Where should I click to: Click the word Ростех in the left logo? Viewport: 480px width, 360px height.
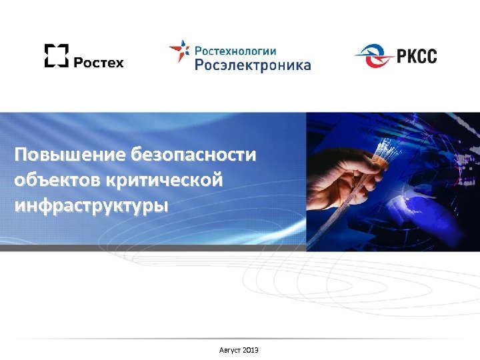click(x=98, y=62)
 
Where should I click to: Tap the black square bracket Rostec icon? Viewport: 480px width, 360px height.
click(x=56, y=55)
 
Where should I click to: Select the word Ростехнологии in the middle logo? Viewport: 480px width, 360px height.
click(x=235, y=50)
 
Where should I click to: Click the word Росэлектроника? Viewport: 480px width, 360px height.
click(x=253, y=65)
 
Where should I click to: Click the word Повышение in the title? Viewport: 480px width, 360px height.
click(x=71, y=156)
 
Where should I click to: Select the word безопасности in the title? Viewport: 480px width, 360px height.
click(x=194, y=156)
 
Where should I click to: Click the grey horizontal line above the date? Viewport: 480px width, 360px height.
click(x=240, y=339)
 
